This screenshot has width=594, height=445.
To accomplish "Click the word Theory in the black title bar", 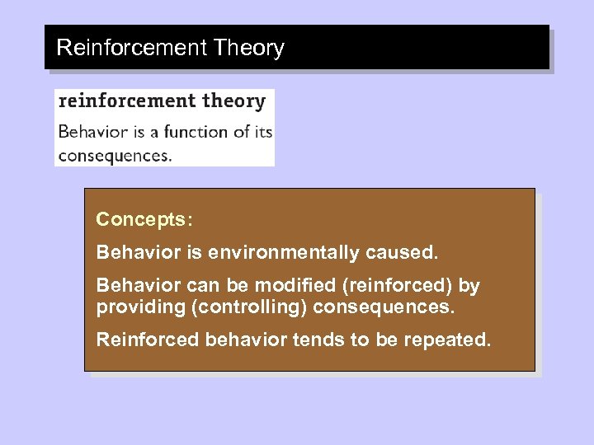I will tap(248, 48).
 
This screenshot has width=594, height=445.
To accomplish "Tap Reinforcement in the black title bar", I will tap(131, 47).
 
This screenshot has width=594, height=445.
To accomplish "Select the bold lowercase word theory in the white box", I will tap(233, 101).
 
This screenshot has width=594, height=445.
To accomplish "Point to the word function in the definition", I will tap(196, 131).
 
